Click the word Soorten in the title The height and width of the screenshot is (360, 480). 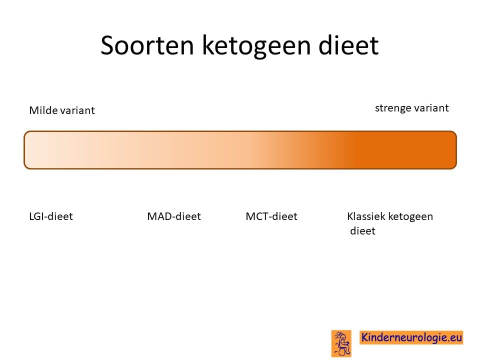[x=147, y=45]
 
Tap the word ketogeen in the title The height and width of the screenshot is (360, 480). [x=256, y=46]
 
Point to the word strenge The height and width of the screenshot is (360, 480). [x=392, y=108]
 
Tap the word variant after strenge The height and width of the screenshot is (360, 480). [x=430, y=108]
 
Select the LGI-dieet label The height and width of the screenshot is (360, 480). [x=51, y=216]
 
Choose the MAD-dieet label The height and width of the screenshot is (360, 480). [x=174, y=216]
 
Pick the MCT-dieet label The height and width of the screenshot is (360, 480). [x=271, y=216]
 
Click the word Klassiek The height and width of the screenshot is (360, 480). [x=366, y=216]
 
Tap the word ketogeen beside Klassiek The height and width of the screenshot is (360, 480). [x=410, y=217]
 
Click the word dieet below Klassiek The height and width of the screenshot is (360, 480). [x=363, y=230]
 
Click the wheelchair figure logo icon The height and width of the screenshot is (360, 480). [x=341, y=343]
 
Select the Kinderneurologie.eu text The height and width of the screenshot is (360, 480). [x=411, y=337]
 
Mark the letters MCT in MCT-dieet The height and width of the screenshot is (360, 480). [x=257, y=216]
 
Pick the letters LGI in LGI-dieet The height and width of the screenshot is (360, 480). [x=37, y=216]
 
